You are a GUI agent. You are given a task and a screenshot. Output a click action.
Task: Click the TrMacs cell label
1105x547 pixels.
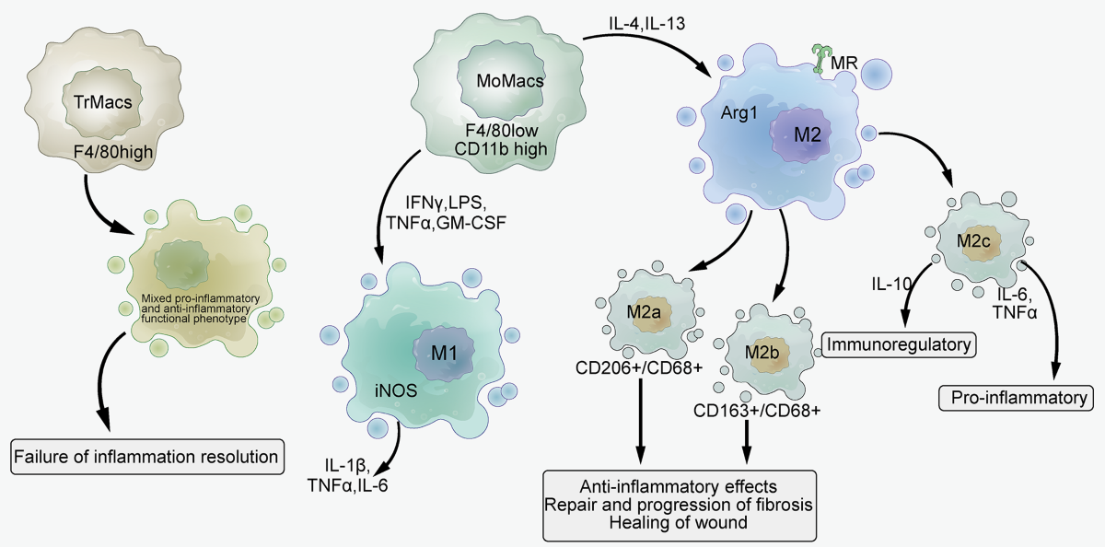(x=102, y=102)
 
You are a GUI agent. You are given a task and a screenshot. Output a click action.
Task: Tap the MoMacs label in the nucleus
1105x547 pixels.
(x=510, y=81)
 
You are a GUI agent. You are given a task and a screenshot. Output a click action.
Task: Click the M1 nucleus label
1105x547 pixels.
(x=444, y=354)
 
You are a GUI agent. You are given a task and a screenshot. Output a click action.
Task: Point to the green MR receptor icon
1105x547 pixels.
(x=820, y=59)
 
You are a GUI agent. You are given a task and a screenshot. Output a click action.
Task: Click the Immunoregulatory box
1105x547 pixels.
(x=899, y=344)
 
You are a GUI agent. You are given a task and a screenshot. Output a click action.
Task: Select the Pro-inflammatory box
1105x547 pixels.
(x=1018, y=398)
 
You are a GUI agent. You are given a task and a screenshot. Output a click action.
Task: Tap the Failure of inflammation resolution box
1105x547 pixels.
(x=147, y=457)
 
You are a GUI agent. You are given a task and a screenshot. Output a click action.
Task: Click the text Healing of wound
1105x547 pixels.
(x=679, y=522)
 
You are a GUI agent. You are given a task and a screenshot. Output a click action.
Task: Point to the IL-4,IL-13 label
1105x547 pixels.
(x=646, y=24)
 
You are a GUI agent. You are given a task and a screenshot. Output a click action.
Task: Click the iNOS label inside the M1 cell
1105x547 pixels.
(x=396, y=390)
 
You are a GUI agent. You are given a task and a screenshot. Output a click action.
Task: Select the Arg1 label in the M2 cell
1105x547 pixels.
(x=739, y=113)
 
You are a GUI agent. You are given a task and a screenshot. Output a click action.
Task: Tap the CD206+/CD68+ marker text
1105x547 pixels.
(x=639, y=367)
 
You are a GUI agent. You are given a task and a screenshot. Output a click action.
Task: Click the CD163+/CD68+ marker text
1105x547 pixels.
(x=757, y=411)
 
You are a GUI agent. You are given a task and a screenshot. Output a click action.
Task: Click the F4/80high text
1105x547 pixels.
(x=113, y=152)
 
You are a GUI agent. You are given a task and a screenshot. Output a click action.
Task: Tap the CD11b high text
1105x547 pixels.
(x=501, y=149)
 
